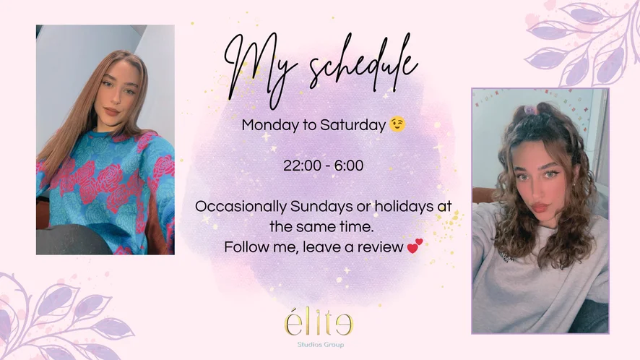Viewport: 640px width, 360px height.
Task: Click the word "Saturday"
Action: coord(353,124)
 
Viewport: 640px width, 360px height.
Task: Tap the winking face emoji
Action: coord(397,124)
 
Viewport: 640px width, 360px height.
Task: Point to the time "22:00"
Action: coord(302,166)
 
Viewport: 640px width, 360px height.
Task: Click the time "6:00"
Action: coord(349,166)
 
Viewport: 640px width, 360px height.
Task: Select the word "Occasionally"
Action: coord(241,207)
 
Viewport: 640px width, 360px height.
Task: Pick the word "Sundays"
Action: coord(321,206)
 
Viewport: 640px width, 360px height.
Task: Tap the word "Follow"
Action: coord(244,247)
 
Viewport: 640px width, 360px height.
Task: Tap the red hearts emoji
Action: coord(415,246)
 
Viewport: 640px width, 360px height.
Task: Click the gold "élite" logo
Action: coord(319,323)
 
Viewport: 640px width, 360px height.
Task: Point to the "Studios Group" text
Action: coord(321,345)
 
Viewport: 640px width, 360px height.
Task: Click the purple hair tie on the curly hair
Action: coord(529,109)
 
